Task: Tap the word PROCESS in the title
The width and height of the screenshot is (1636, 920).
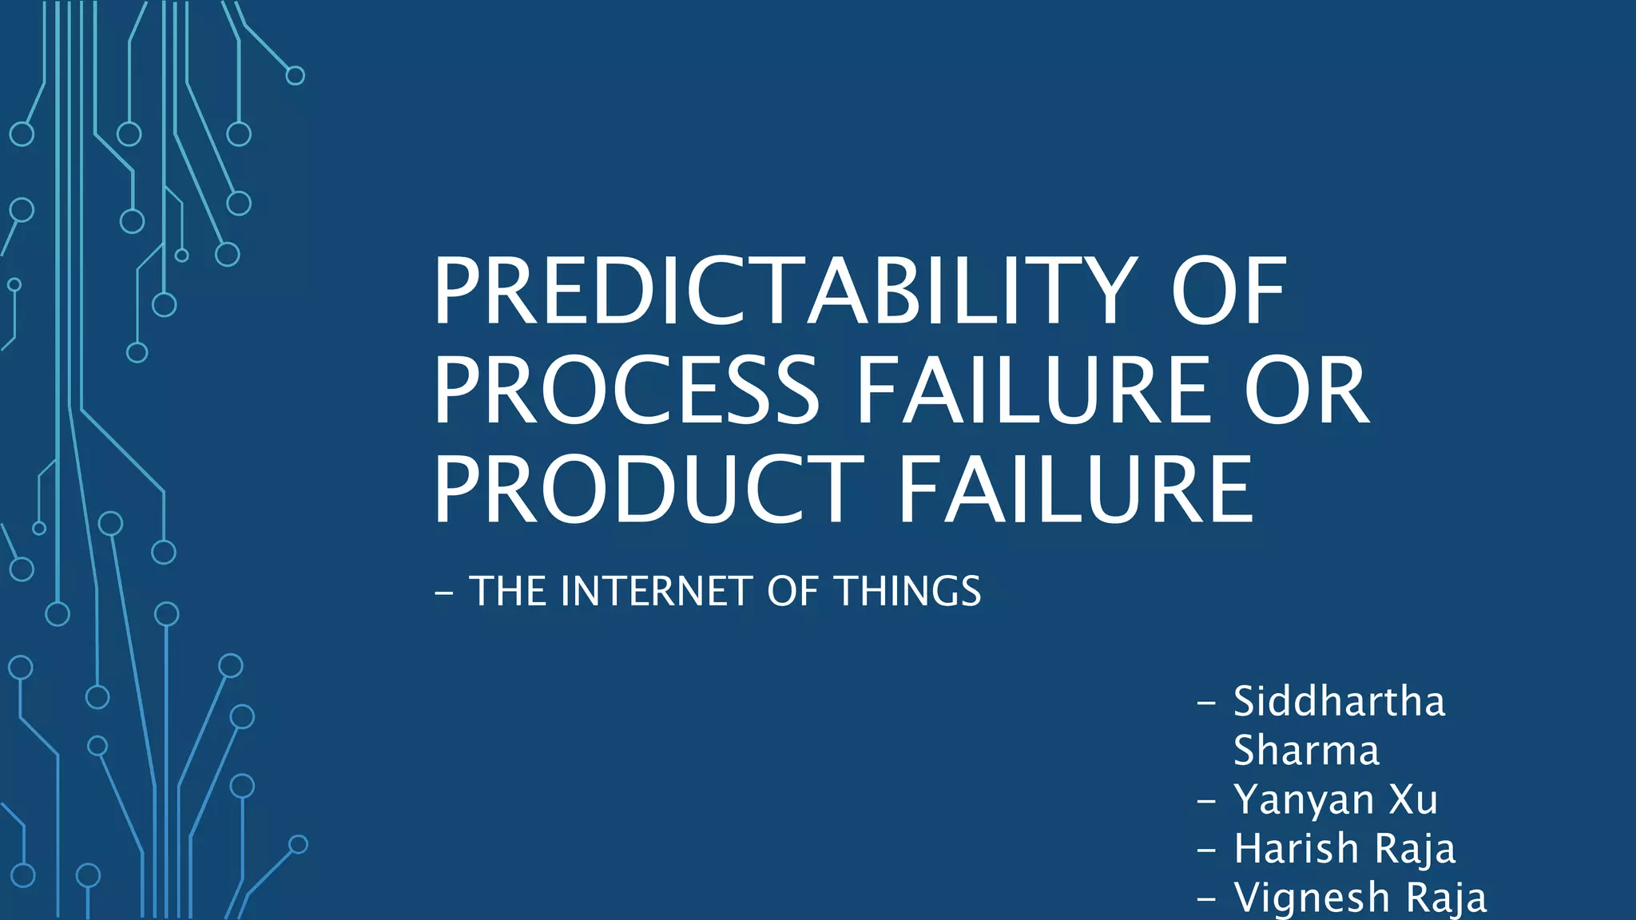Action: coord(626,391)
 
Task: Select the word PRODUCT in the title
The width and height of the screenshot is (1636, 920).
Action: coord(648,490)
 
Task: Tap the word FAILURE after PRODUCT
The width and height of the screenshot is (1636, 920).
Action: coord(1075,490)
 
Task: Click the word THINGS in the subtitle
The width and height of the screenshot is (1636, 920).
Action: coord(908,592)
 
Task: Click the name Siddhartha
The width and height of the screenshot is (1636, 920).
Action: coord(1339,702)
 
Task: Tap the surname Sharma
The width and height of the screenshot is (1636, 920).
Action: coord(1306,751)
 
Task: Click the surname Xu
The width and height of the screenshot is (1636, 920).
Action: coord(1413,799)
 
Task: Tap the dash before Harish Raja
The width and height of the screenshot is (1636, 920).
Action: coord(1206,850)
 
